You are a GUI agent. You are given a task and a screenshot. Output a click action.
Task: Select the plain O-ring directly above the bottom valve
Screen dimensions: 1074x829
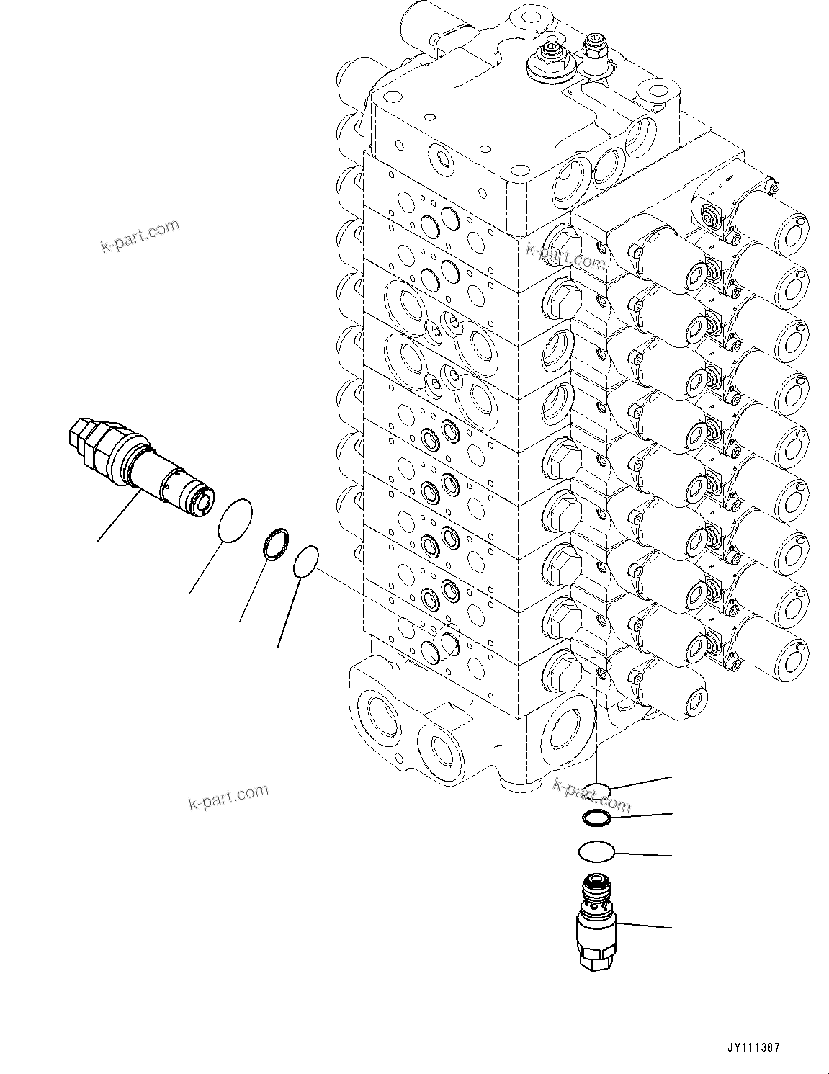[596, 851]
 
